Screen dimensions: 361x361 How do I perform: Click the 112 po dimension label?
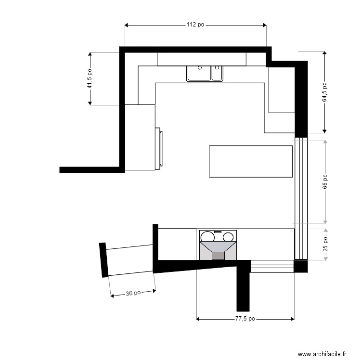pyautogui.click(x=195, y=25)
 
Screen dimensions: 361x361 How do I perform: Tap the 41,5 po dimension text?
pyautogui.click(x=90, y=79)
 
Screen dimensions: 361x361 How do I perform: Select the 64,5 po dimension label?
pyautogui.click(x=324, y=92)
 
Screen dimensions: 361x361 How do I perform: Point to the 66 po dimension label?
pyautogui.click(x=324, y=181)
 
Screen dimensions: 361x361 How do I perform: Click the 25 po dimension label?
pyautogui.click(x=325, y=245)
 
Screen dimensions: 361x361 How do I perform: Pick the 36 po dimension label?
pyautogui.click(x=133, y=293)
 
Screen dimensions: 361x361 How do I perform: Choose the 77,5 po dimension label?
pyautogui.click(x=245, y=319)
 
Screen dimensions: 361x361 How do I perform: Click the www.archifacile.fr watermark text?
pyautogui.click(x=322, y=354)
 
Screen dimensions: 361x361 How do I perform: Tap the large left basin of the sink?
pyautogui.click(x=199, y=73)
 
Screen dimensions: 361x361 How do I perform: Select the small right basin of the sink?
pyautogui.click(x=217, y=73)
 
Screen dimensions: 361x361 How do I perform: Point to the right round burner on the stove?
pyautogui.click(x=228, y=237)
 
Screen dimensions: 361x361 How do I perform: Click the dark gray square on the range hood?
pyautogui.click(x=218, y=256)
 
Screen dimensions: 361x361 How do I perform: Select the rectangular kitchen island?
pyautogui.click(x=251, y=161)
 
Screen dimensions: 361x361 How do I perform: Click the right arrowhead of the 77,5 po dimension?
pyautogui.click(x=293, y=319)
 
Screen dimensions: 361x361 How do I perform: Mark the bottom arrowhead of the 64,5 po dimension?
pyautogui.click(x=324, y=131)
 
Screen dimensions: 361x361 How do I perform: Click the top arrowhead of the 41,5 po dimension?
pyautogui.click(x=90, y=54)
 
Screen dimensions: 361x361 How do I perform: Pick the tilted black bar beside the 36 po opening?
pyautogui.click(x=103, y=260)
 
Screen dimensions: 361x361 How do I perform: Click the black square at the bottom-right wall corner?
pyautogui.click(x=301, y=266)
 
